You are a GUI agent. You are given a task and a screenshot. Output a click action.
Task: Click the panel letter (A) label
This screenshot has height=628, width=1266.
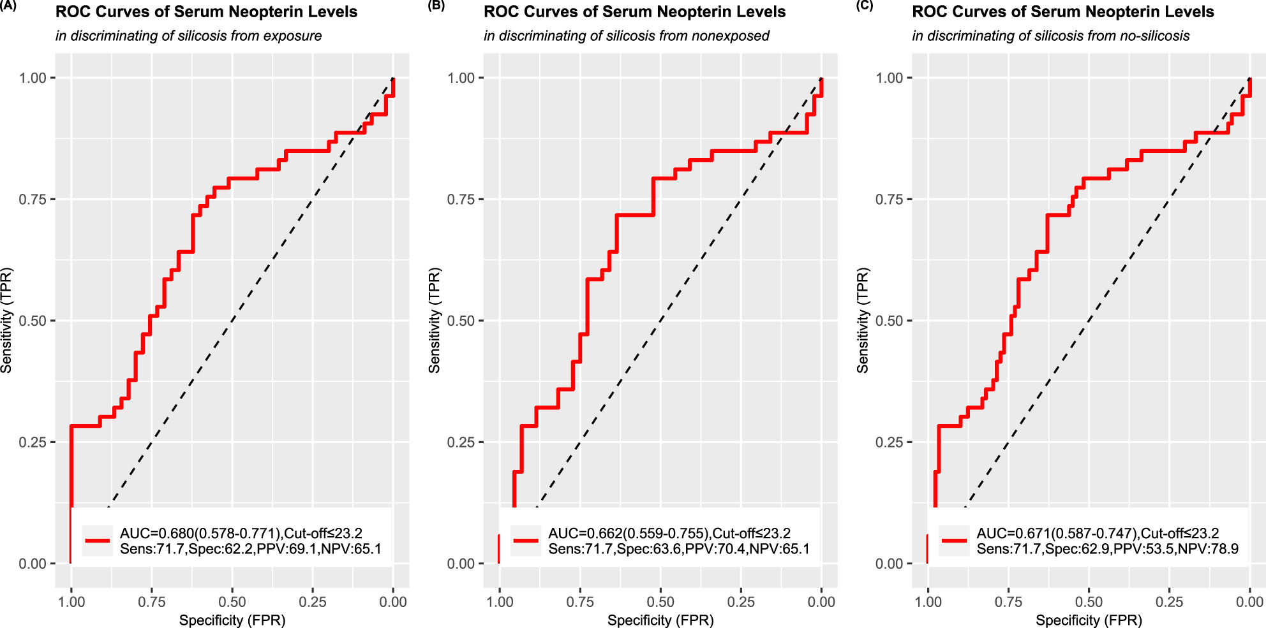point(8,5)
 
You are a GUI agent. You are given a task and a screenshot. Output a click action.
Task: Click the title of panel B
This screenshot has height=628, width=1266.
point(634,12)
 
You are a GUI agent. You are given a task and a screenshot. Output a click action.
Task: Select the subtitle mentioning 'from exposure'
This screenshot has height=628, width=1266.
point(188,36)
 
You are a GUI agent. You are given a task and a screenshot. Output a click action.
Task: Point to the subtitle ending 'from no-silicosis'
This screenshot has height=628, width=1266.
point(1050,36)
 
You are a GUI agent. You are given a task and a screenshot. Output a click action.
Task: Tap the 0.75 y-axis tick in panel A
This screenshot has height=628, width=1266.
point(33,200)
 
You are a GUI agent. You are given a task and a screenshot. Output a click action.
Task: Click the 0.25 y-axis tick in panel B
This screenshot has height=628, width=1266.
point(461,442)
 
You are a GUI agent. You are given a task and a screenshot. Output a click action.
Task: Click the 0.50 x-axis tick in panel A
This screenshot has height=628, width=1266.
point(232,602)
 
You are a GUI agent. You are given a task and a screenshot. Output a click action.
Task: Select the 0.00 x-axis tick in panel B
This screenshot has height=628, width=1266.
point(821,602)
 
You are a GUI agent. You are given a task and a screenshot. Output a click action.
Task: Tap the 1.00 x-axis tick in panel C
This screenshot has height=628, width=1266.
point(928,602)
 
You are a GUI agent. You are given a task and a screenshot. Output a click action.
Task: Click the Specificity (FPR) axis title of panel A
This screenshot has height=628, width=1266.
point(232,620)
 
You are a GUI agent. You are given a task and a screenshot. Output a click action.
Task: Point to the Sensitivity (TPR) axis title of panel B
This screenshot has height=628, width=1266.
point(435,320)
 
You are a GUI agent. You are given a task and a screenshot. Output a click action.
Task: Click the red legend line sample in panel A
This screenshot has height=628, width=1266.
point(98,541)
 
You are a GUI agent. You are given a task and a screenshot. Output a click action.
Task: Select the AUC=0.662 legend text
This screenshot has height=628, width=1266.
point(669,533)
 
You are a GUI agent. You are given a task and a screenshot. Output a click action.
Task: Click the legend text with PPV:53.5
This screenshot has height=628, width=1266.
point(1107,549)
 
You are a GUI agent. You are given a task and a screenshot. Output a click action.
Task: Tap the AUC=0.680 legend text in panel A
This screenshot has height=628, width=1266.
point(241,533)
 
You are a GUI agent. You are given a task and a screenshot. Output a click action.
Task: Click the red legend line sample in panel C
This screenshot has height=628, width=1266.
point(954,541)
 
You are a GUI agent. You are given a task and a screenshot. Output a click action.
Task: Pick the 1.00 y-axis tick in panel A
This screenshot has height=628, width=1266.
point(33,78)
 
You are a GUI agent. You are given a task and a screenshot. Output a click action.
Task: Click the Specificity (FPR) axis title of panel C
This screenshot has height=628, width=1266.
point(1089,620)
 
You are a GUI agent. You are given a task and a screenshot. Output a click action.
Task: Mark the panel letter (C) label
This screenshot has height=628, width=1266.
point(864,5)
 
